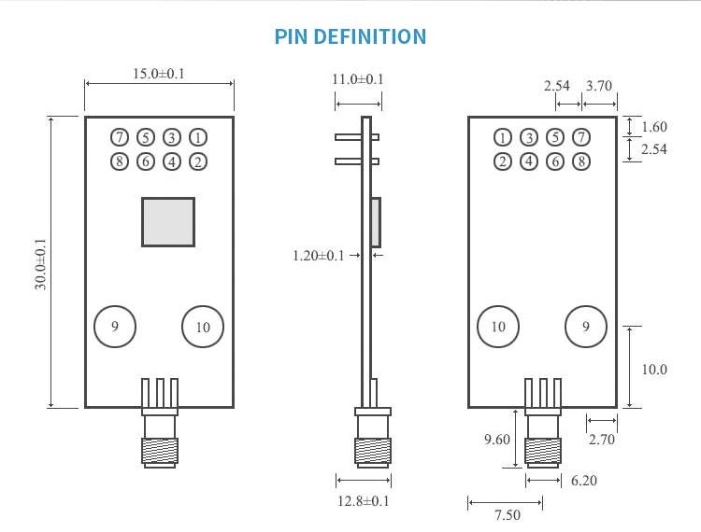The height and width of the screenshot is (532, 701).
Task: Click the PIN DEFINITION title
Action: (350, 37)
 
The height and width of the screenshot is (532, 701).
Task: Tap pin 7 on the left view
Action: (119, 137)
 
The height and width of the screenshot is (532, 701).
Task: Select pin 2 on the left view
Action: (198, 161)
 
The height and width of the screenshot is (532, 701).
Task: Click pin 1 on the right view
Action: (503, 137)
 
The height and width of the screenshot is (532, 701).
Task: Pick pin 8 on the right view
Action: (581, 161)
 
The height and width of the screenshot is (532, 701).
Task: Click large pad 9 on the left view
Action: (115, 327)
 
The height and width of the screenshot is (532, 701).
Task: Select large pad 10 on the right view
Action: (497, 327)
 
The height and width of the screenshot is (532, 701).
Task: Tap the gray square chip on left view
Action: (168, 222)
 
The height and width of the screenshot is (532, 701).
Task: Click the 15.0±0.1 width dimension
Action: (159, 74)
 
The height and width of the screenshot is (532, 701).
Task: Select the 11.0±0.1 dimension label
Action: (358, 80)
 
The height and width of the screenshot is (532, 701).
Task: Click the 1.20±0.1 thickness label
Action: (319, 255)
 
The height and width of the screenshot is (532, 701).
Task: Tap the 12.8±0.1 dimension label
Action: (364, 501)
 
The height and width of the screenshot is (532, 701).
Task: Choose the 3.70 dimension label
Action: (598, 86)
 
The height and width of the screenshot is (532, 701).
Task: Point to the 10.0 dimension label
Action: (654, 370)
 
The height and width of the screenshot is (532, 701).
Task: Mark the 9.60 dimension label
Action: (498, 439)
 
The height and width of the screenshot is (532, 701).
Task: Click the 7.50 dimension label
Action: (507, 513)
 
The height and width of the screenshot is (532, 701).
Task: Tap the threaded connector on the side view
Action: (372, 450)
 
